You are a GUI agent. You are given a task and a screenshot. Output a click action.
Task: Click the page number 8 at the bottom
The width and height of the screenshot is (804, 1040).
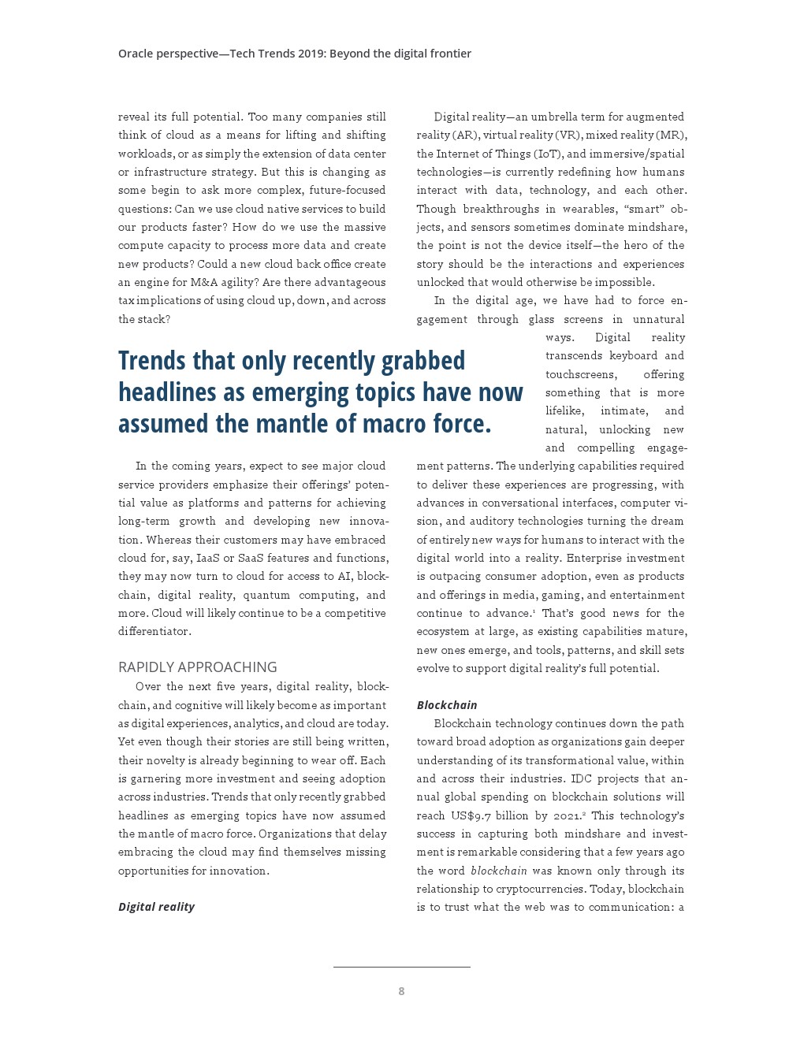click(401, 991)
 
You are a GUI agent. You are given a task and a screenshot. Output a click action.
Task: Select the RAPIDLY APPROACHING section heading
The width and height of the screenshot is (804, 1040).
click(197, 667)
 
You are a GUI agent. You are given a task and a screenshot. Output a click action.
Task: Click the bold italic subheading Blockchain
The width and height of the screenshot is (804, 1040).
click(447, 705)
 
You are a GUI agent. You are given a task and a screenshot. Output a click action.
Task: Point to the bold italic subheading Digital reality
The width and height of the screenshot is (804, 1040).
click(156, 907)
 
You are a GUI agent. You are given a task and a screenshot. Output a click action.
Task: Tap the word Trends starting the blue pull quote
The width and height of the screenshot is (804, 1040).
click(152, 361)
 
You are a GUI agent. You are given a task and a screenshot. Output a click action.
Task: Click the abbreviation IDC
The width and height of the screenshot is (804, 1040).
click(581, 778)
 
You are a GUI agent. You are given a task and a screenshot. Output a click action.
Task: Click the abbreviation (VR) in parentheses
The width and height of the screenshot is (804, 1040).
click(568, 136)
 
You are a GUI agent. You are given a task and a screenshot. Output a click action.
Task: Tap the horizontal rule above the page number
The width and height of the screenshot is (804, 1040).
click(401, 967)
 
